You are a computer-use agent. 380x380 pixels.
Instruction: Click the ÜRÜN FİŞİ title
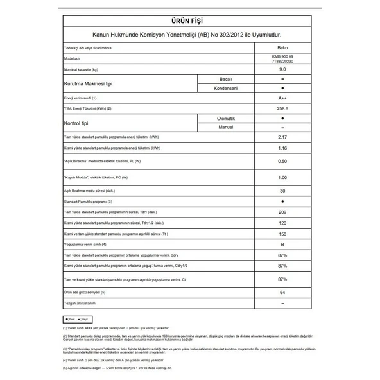point(189,19)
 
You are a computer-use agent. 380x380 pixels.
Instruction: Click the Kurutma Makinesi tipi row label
point(87,84)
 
